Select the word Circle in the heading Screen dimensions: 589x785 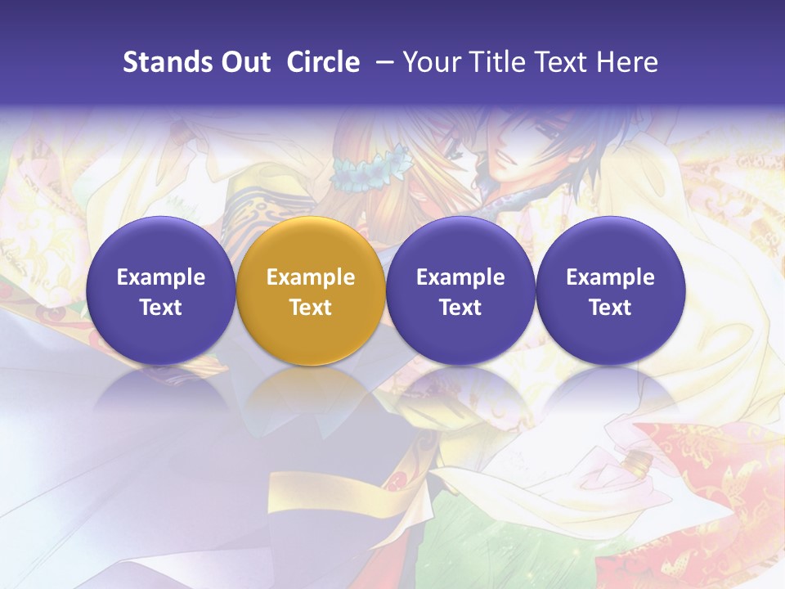(323, 62)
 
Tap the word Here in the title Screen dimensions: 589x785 (627, 62)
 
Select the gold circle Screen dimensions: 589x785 (311, 290)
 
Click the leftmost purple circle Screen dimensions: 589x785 (160, 290)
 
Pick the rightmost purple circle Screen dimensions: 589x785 (611, 290)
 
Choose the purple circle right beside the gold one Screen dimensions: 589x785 (460, 290)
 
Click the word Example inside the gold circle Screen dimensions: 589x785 (311, 277)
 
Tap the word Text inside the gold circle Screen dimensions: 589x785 (311, 308)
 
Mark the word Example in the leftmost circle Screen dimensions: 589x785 (160, 277)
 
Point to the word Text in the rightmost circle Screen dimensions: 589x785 (611, 308)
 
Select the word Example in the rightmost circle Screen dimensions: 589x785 (611, 277)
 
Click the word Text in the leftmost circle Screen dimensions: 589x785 (160, 308)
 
